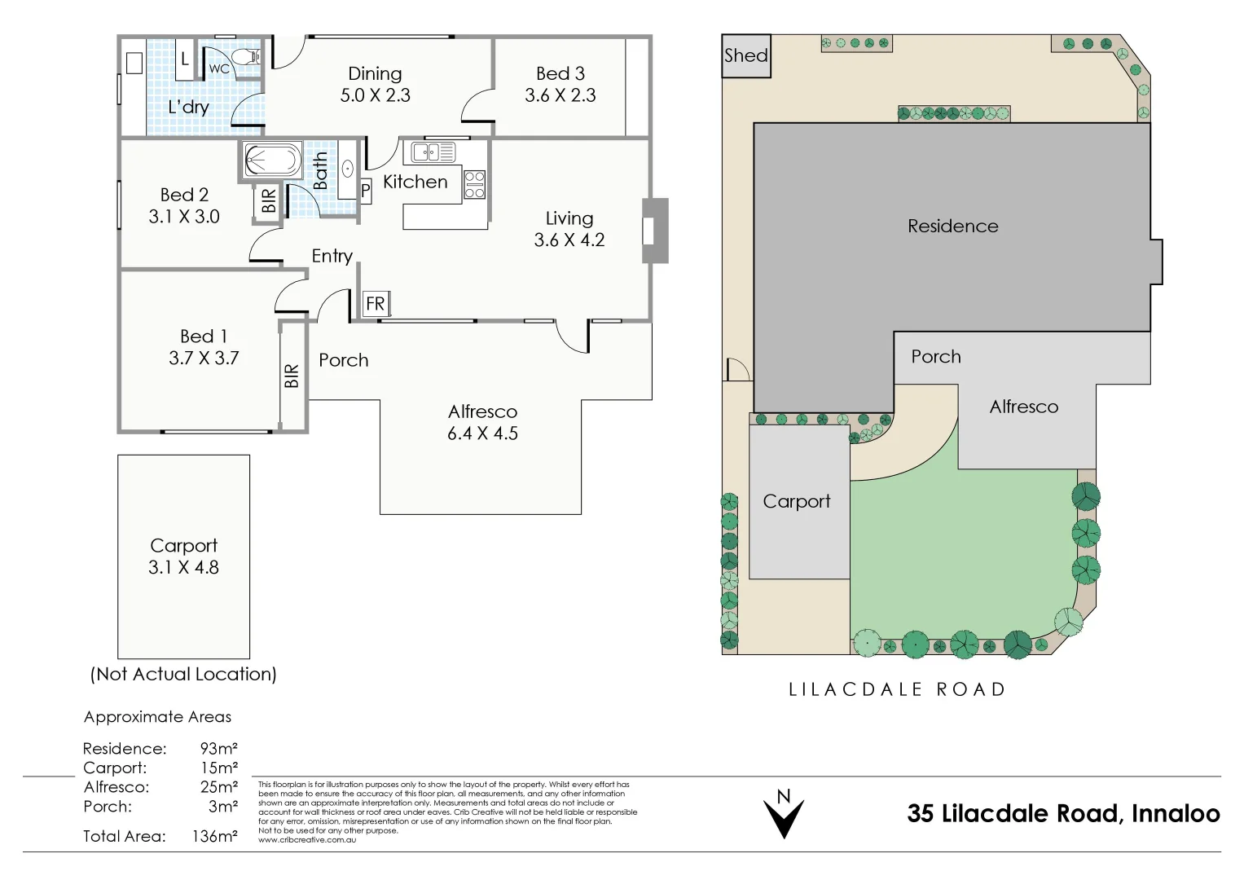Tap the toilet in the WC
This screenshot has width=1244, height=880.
coord(246,56)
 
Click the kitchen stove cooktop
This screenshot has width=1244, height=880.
coord(474,184)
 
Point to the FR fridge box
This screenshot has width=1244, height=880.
coord(376,304)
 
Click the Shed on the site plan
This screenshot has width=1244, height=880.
coord(746,55)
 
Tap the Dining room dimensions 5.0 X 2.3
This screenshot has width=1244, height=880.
coord(375,95)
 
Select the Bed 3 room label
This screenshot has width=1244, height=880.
coord(560,73)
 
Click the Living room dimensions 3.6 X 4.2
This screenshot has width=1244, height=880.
coord(569,240)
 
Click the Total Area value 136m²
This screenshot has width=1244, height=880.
coord(215,835)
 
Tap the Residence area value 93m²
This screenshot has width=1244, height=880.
coord(219,748)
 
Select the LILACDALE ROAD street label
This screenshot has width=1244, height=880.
coord(896,689)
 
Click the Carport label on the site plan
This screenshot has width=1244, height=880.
coord(797,502)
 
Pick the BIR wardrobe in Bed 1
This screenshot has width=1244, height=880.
coord(292,376)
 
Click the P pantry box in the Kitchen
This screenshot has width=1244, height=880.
coord(366,191)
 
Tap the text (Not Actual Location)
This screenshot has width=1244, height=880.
coord(183,674)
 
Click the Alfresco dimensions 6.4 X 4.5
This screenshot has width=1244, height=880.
coord(482,433)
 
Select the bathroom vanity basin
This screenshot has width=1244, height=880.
coord(348,169)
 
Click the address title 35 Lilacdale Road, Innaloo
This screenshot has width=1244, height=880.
coord(1063,813)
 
